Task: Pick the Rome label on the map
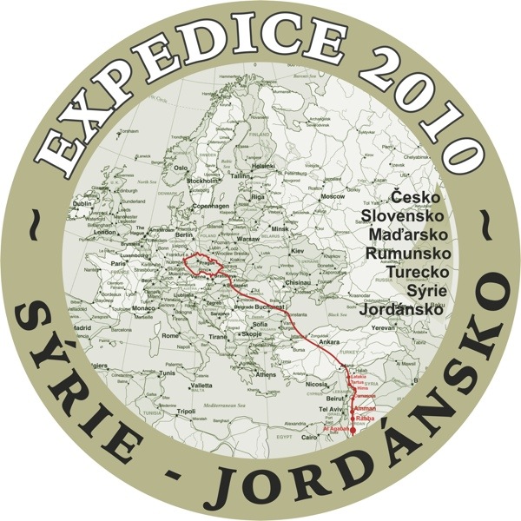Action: [171, 334]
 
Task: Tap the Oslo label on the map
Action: [181, 168]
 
